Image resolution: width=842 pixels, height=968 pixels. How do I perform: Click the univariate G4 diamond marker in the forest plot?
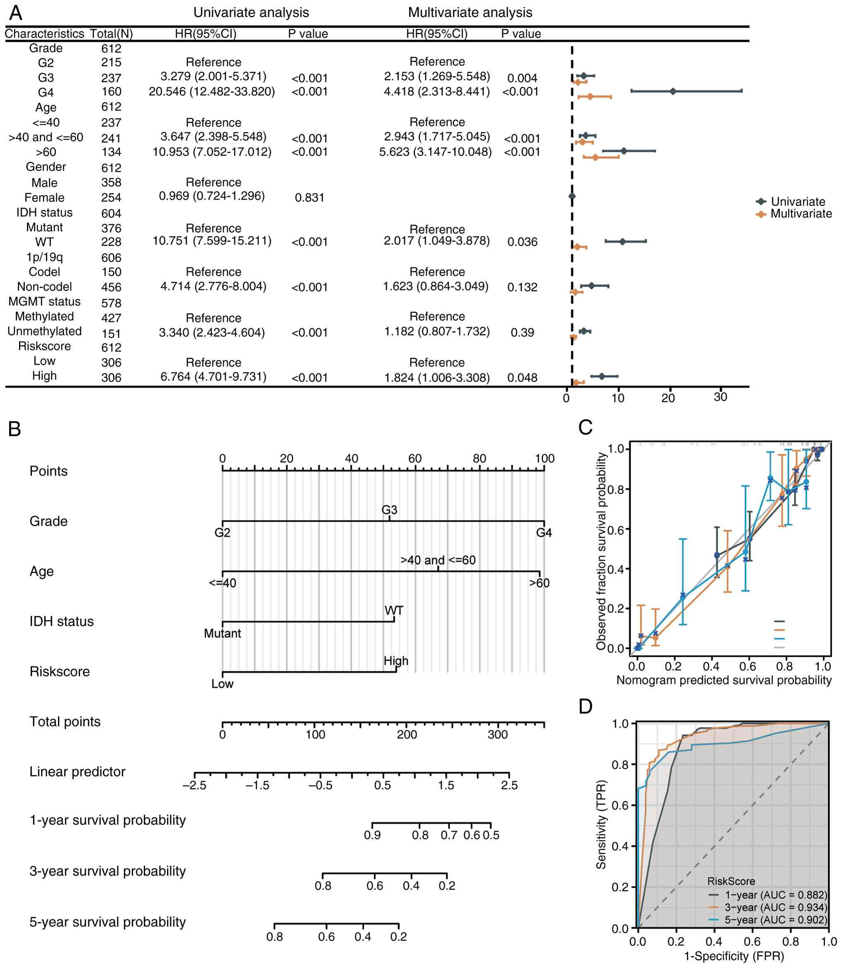[x=673, y=91]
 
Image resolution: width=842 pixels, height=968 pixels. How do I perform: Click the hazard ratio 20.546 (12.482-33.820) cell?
[x=212, y=91]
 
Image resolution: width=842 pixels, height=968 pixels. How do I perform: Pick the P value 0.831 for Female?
[x=310, y=198]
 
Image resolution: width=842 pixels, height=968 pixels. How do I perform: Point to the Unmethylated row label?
[x=45, y=331]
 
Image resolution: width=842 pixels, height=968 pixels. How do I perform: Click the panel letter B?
[x=15, y=428]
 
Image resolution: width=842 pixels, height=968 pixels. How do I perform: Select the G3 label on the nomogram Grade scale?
[x=389, y=510]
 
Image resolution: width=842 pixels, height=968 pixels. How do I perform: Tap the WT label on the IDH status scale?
[x=394, y=610]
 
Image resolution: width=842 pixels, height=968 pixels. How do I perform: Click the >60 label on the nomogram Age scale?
[x=540, y=583]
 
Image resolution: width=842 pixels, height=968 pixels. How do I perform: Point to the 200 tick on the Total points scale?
[x=407, y=734]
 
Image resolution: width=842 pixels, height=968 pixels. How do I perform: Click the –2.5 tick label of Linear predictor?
[x=194, y=785]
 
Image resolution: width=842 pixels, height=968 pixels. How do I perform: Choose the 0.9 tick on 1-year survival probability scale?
[x=372, y=835]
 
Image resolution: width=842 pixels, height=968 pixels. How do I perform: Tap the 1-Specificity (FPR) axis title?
[x=734, y=956]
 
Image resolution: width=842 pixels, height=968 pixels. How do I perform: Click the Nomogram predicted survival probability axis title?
[x=723, y=680]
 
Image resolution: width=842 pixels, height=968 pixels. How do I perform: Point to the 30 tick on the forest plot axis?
[x=720, y=397]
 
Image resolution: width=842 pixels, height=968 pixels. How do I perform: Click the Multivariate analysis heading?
[x=470, y=13]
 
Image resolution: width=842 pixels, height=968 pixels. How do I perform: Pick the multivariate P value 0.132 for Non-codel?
[x=522, y=287]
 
